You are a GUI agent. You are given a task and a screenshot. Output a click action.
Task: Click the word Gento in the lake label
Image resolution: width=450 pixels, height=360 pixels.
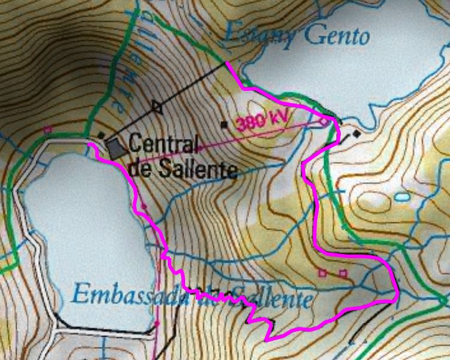tap(337, 37)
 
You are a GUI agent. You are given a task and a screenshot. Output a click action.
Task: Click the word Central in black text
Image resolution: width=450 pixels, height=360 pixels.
tap(163, 144)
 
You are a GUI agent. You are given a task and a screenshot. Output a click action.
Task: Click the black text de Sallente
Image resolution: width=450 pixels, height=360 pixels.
tap(183, 169)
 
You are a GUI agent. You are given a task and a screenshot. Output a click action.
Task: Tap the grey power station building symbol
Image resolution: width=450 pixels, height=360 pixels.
tap(115, 147)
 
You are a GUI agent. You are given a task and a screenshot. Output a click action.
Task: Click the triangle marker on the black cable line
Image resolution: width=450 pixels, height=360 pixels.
tap(157, 107)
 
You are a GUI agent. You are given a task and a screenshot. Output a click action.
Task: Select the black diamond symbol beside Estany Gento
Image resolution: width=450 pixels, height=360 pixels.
tap(357, 134)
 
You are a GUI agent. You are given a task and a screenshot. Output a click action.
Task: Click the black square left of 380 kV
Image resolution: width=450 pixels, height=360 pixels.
tap(224, 125)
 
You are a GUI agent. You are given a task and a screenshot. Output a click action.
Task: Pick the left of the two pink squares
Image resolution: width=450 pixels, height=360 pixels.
tap(322, 273)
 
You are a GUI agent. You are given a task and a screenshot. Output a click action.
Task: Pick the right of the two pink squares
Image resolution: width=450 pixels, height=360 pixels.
tap(343, 273)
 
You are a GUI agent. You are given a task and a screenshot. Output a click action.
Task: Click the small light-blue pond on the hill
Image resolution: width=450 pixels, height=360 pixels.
tap(402, 196)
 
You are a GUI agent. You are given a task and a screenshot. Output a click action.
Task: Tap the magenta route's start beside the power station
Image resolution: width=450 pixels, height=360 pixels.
tap(89, 144)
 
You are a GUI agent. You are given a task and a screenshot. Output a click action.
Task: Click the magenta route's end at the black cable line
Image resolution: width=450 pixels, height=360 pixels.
tap(226, 62)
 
